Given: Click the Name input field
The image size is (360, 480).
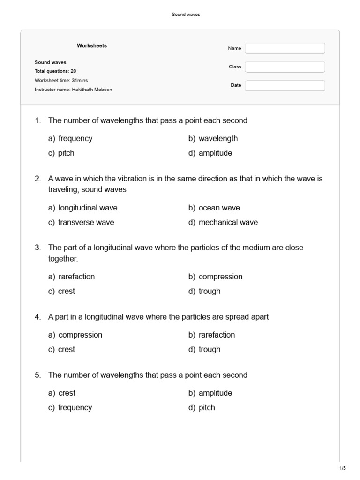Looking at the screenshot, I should (285, 48).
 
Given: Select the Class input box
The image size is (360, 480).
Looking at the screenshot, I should (285, 67).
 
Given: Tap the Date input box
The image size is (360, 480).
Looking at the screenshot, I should (285, 85).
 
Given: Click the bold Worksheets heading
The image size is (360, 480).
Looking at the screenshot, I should (92, 45).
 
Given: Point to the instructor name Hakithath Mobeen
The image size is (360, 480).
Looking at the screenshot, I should (92, 89).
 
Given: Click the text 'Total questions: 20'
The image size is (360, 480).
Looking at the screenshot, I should (55, 71).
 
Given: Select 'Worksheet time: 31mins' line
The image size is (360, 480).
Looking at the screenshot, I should (59, 80).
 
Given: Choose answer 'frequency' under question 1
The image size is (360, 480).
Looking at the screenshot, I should (75, 138).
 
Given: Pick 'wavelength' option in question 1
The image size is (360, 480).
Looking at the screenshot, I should (218, 138).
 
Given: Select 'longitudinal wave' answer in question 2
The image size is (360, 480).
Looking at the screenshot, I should (88, 208).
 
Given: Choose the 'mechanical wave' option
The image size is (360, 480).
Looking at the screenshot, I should (228, 222).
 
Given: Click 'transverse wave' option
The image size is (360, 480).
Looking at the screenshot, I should (86, 222).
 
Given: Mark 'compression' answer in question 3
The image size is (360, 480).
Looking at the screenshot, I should (220, 277).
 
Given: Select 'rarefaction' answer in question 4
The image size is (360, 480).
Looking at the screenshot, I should (217, 335).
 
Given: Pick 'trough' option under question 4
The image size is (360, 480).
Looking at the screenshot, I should (209, 349).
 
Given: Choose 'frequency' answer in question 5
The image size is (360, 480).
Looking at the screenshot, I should (75, 407).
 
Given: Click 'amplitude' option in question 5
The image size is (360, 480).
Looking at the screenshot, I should (215, 393).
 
